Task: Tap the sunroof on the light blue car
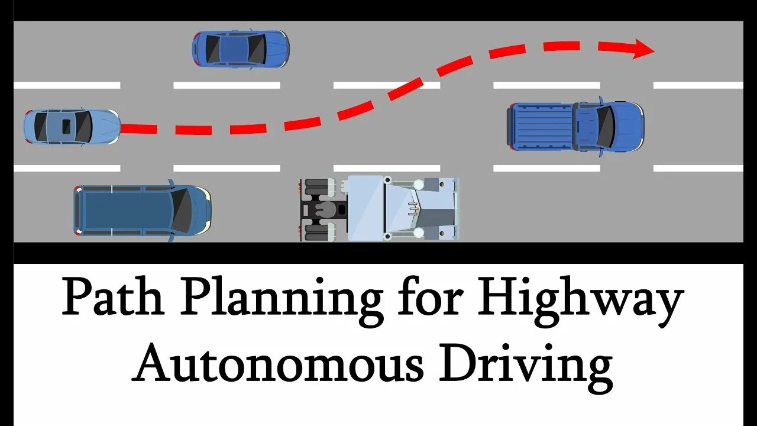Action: (x=67, y=125)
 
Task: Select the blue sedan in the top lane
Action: (x=240, y=49)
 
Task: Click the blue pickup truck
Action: (x=575, y=125)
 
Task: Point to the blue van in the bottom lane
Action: (x=142, y=210)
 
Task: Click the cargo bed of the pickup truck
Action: (x=540, y=125)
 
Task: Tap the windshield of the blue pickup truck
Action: (x=607, y=125)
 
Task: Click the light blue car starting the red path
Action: (x=72, y=126)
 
